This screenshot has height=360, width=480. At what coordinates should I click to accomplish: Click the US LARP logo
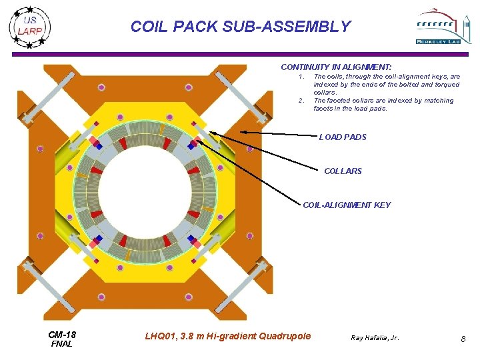(x=30, y=26)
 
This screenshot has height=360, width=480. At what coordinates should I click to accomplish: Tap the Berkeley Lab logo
(x=439, y=27)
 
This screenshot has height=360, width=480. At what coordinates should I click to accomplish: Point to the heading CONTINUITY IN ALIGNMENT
(x=336, y=67)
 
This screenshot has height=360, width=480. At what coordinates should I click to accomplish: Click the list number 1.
(x=301, y=77)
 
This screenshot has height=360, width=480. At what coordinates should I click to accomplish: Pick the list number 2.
(x=301, y=101)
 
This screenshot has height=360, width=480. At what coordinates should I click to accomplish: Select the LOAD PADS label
(x=343, y=137)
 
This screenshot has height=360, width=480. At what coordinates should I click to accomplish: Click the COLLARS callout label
(x=343, y=171)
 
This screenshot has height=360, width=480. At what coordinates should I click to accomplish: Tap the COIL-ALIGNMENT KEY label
(x=347, y=205)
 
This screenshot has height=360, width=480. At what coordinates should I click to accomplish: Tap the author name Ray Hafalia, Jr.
(x=375, y=338)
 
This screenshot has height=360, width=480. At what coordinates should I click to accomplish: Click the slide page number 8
(x=463, y=340)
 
